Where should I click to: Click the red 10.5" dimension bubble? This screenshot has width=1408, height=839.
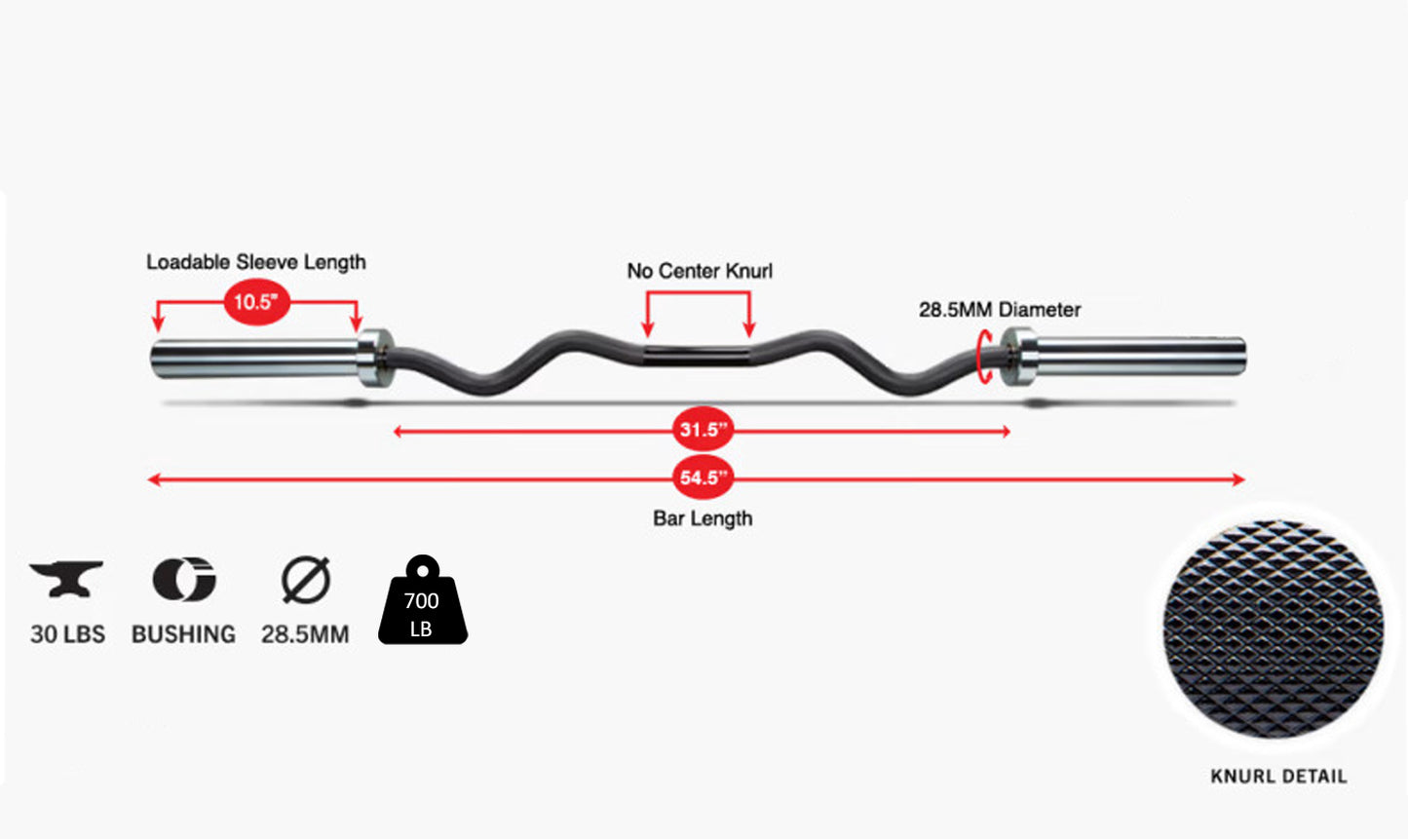coord(257,302)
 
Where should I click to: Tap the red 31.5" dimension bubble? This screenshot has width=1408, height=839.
coord(703,430)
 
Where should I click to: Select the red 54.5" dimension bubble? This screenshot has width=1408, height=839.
coord(703,477)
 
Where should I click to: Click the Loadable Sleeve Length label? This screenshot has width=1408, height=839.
coord(256,262)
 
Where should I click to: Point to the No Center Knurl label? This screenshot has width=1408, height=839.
coord(700,271)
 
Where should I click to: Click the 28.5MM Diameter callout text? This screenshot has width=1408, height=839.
coord(1000,310)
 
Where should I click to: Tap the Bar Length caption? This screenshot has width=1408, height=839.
coord(703,518)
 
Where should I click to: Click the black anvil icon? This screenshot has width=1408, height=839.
coord(66,579)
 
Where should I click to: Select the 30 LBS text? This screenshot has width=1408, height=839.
coord(67,634)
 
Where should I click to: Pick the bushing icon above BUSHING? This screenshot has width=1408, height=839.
coord(184,580)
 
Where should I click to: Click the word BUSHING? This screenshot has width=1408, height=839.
coord(184,634)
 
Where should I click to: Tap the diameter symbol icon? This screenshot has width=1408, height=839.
coord(306,580)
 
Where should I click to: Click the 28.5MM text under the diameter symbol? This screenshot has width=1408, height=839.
coord(305,635)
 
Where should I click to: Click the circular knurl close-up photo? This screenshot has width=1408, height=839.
coord(1274,629)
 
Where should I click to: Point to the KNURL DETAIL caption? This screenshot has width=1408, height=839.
coord(1278,777)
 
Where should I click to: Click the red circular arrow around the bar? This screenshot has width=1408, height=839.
coord(986,356)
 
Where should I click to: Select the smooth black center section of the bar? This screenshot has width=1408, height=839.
coord(698,353)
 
